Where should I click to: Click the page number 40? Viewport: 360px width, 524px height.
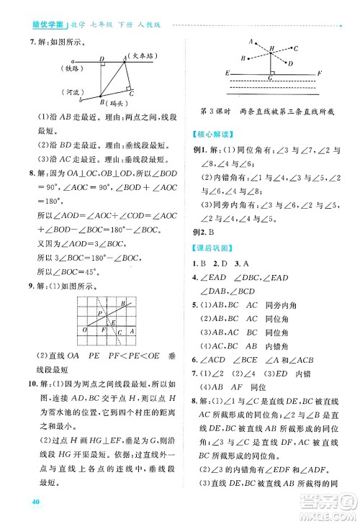(29, 501)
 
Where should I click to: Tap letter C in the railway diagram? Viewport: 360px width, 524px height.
(130, 92)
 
